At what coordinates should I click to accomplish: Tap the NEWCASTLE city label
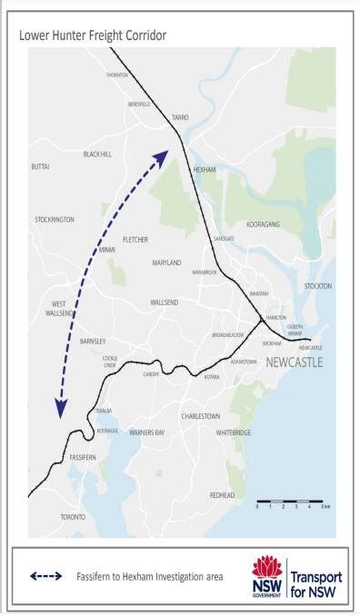coord(295,363)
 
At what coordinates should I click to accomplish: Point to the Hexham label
coord(204,170)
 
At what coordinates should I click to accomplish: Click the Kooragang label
coord(265,223)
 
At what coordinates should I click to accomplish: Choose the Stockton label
coord(319,286)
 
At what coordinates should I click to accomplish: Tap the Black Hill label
coord(97,154)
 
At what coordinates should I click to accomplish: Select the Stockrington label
coord(55,220)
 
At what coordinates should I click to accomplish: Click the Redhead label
coord(222,495)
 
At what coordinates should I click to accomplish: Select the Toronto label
coord(73,517)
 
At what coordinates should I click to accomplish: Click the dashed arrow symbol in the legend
coord(45,575)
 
